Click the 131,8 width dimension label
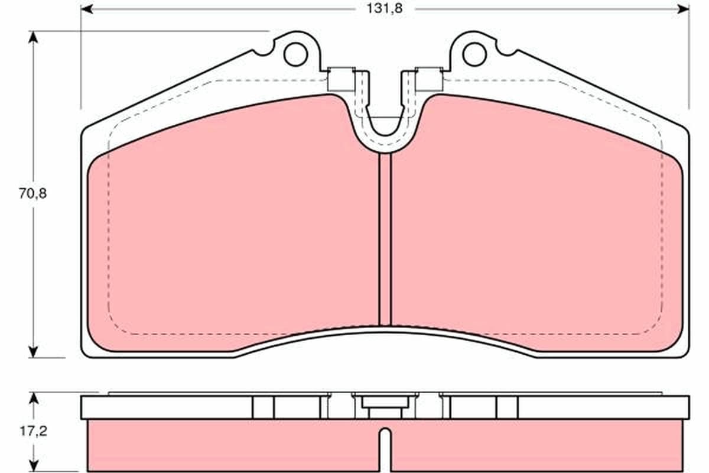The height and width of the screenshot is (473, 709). click(x=384, y=8)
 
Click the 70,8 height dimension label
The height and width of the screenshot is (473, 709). click(x=32, y=193)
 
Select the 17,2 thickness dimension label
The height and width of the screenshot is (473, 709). click(x=33, y=431)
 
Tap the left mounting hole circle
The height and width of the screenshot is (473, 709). click(x=295, y=54)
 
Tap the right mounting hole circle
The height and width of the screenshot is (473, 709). click(x=474, y=54)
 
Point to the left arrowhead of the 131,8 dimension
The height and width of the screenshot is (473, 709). click(x=87, y=9)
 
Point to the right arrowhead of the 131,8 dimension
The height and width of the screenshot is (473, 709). click(x=683, y=9)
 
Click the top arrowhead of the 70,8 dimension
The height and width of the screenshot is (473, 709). click(x=33, y=37)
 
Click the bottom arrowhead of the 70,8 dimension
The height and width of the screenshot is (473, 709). click(x=33, y=352)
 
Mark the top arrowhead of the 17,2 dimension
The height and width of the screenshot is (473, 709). click(x=34, y=399)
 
